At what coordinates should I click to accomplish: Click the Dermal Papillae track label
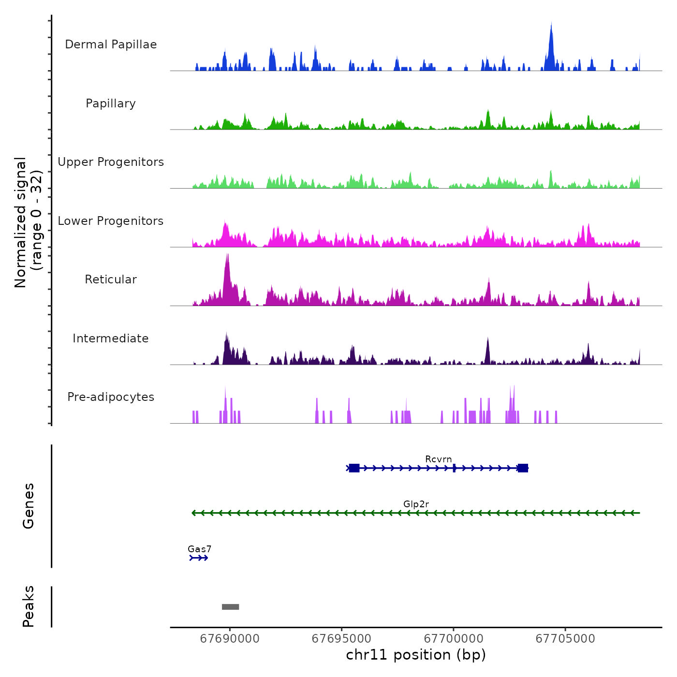111,44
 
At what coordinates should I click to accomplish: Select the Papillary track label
111,103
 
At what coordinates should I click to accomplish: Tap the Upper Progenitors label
111,162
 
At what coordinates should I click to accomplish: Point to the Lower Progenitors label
111,221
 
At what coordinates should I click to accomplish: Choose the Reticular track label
111,280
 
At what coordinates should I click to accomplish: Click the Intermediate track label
111,338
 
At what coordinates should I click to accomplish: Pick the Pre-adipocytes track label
111,397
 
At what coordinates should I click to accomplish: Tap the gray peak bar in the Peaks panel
230,607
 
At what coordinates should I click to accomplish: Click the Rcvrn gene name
439,459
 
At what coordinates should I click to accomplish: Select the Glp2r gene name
416,504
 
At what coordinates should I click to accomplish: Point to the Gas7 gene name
199,549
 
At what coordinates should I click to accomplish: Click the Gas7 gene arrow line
199,558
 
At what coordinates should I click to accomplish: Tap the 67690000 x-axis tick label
230,638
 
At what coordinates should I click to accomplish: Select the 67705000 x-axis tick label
565,638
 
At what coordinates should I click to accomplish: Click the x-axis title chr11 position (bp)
416,655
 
